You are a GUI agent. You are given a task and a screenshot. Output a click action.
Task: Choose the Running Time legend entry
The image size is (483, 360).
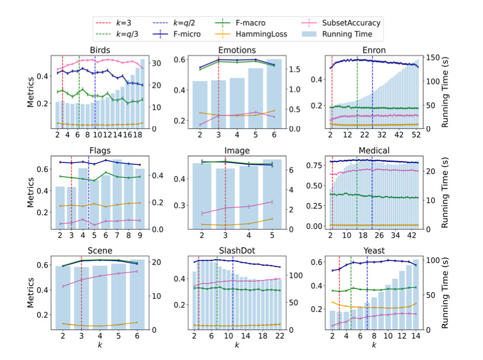(347, 34)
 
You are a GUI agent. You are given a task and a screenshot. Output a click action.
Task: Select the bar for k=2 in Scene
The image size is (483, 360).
(63, 297)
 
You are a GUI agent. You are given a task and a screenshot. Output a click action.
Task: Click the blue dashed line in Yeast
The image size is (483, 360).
(367, 292)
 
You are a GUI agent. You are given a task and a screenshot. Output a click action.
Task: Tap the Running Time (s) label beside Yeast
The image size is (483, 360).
(445, 292)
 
